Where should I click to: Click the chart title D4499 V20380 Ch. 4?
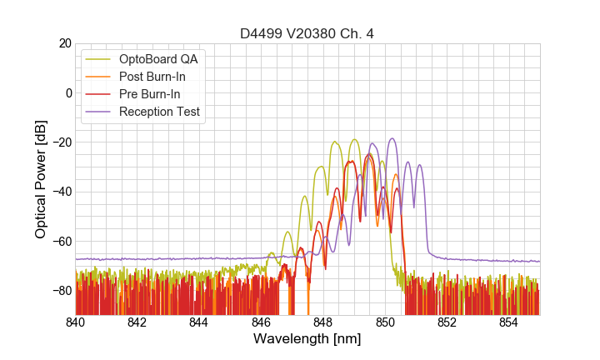point(307,34)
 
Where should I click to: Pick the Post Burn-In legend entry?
point(152,77)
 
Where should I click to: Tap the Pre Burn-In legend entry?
point(150,94)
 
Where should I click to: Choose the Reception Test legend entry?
point(159,112)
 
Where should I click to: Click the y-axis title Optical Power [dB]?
point(41,179)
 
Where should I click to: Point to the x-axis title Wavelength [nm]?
point(307,339)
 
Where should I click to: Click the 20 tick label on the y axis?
point(64,43)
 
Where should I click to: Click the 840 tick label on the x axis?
point(76,322)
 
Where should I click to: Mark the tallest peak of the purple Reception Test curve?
point(392,139)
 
